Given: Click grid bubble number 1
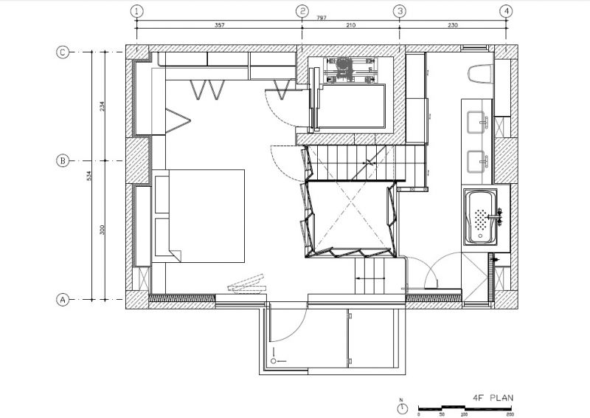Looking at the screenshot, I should [x=136, y=11].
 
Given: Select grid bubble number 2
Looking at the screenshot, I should [x=302, y=11].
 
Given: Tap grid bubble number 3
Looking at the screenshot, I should [x=400, y=11].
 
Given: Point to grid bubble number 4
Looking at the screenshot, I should [x=506, y=11].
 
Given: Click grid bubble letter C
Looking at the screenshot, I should [x=63, y=52].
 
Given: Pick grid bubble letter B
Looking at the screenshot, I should [x=63, y=160].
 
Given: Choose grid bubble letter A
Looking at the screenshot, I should [x=63, y=300].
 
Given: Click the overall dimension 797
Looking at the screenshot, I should [x=301, y=18].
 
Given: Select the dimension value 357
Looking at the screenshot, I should [x=219, y=25].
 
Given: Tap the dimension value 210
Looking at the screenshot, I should [x=350, y=25].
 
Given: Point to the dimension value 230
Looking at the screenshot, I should [x=452, y=25].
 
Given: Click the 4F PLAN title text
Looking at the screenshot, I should [x=493, y=397].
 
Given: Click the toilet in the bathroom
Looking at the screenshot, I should [x=480, y=74].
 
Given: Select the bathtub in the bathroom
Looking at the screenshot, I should [x=481, y=216].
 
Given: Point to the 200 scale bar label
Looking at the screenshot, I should [x=510, y=414].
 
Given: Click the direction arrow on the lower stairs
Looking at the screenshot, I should [x=366, y=278].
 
